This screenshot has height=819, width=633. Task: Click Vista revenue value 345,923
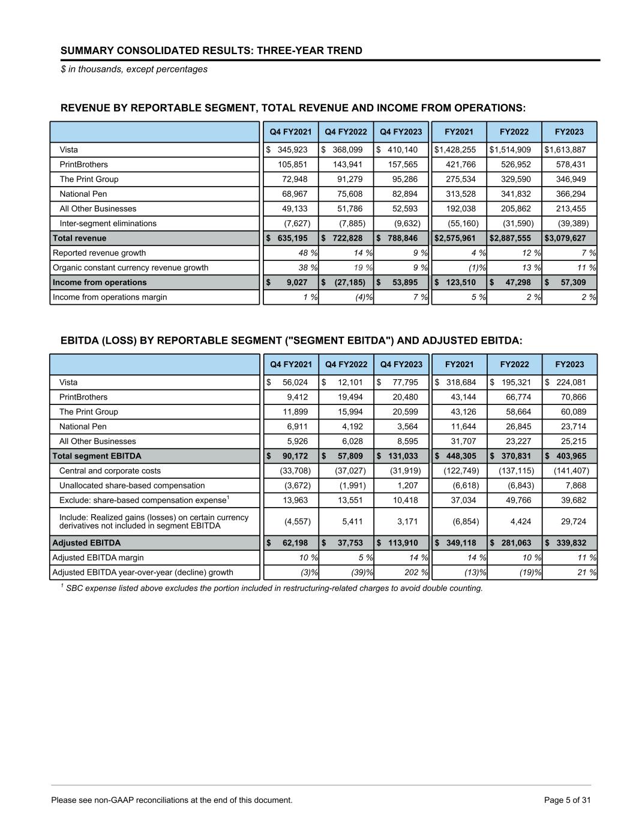(292, 149)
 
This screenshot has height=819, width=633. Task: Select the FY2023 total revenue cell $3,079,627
(565, 238)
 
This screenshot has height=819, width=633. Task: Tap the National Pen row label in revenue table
(83, 194)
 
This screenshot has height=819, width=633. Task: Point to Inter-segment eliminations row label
(107, 223)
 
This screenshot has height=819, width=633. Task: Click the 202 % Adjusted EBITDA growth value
(411, 572)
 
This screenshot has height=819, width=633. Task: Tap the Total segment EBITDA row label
(97, 456)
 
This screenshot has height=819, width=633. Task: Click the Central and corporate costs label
(110, 471)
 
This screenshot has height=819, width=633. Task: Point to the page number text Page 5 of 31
(567, 800)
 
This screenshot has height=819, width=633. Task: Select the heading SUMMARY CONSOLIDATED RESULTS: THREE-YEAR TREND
(211, 50)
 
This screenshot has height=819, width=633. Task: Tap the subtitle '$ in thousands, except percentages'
(134, 69)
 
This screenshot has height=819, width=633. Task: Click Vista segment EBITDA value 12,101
(349, 382)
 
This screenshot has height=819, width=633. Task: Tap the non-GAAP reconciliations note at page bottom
(172, 800)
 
